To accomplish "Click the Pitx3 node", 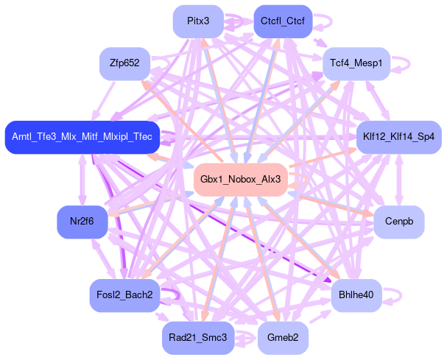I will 198,21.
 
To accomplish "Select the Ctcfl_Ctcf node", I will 282,21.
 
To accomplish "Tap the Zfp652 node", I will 124,63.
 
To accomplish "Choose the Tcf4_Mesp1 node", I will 356,63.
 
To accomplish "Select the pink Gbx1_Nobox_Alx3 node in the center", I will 240,180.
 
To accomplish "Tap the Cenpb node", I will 398,222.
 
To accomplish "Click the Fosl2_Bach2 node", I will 124,295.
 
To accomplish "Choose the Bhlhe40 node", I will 356,295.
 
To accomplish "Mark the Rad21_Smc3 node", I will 197,338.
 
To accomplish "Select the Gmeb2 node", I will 282,338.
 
